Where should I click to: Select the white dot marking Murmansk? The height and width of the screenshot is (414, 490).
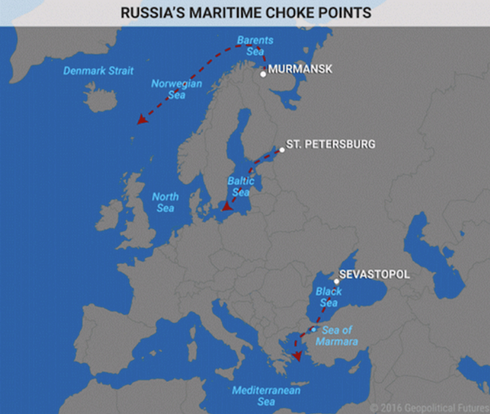pyautogui.click(x=263, y=74)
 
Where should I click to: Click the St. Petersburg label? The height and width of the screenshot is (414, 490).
pyautogui.click(x=331, y=144)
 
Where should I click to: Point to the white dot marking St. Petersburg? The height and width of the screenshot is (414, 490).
pyautogui.click(x=282, y=149)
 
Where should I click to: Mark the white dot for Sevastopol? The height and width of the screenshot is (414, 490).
pyautogui.click(x=336, y=281)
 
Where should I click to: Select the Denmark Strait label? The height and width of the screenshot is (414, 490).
pyautogui.click(x=98, y=70)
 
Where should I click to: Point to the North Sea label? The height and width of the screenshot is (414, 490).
pyautogui.click(x=165, y=202)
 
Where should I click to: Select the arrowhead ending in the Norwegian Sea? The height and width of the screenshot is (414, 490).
pyautogui.click(x=141, y=119)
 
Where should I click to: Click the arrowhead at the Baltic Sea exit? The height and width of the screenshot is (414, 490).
pyautogui.click(x=226, y=218)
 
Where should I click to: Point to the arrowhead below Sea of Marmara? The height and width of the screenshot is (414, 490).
pyautogui.click(x=298, y=357)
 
